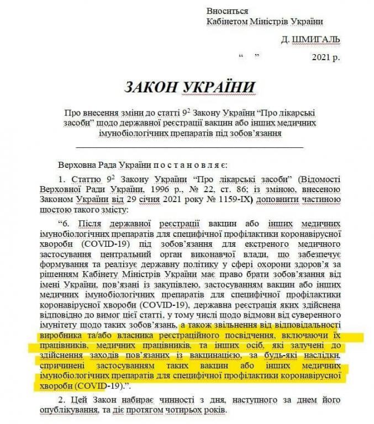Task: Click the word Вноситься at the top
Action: (227, 11)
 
